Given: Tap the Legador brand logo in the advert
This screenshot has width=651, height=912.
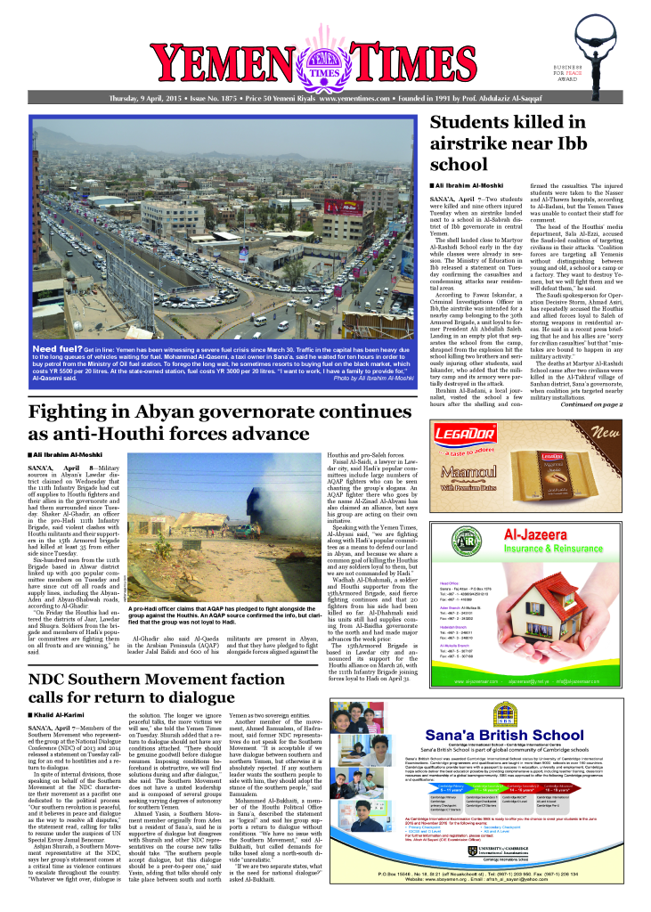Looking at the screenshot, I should tap(476, 437).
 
